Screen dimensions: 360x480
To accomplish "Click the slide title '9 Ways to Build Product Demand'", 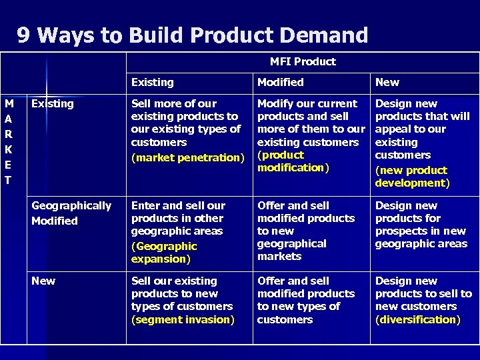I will click(x=192, y=35).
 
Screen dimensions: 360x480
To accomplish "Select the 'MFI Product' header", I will click(x=303, y=61).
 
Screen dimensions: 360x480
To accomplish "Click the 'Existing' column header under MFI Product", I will click(x=152, y=83).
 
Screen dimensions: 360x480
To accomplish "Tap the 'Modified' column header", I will click(x=280, y=83).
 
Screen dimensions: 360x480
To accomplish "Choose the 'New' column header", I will click(x=387, y=83).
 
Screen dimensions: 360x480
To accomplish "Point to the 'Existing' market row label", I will click(x=53, y=104).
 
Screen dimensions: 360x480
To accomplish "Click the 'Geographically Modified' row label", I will click(x=71, y=213).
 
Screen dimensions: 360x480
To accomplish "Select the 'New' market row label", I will click(x=43, y=281).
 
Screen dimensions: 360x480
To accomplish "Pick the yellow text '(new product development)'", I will click(x=412, y=176).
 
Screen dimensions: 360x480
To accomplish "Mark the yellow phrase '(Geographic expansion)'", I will click(x=164, y=253).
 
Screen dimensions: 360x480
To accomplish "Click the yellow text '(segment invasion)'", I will click(x=183, y=319).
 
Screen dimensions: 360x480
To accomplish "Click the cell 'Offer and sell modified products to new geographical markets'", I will click(x=306, y=231).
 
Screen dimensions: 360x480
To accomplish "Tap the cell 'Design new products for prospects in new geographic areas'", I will click(x=421, y=225).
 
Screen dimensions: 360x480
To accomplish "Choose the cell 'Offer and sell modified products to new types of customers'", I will click(x=306, y=300).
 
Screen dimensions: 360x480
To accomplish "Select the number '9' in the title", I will click(x=23, y=35).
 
